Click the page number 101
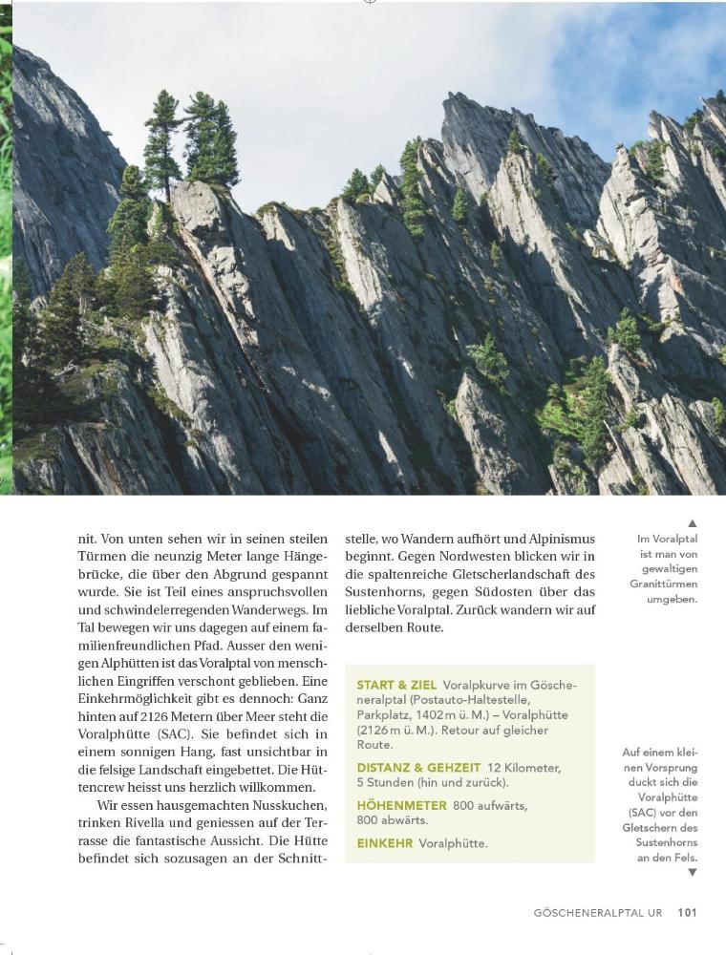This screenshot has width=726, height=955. pyautogui.click(x=688, y=912)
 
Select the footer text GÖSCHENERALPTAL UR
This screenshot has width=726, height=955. pyautogui.click(x=598, y=913)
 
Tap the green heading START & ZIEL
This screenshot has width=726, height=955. pyautogui.click(x=396, y=685)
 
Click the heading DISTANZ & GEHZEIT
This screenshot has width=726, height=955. pyautogui.click(x=417, y=767)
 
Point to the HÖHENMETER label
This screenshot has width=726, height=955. pyautogui.click(x=401, y=805)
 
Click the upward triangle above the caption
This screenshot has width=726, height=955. pyautogui.click(x=693, y=523)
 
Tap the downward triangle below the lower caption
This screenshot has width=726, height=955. pyautogui.click(x=693, y=872)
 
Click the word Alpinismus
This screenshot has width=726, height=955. pyautogui.click(x=557, y=538)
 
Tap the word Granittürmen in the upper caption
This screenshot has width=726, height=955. pyautogui.click(x=664, y=584)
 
